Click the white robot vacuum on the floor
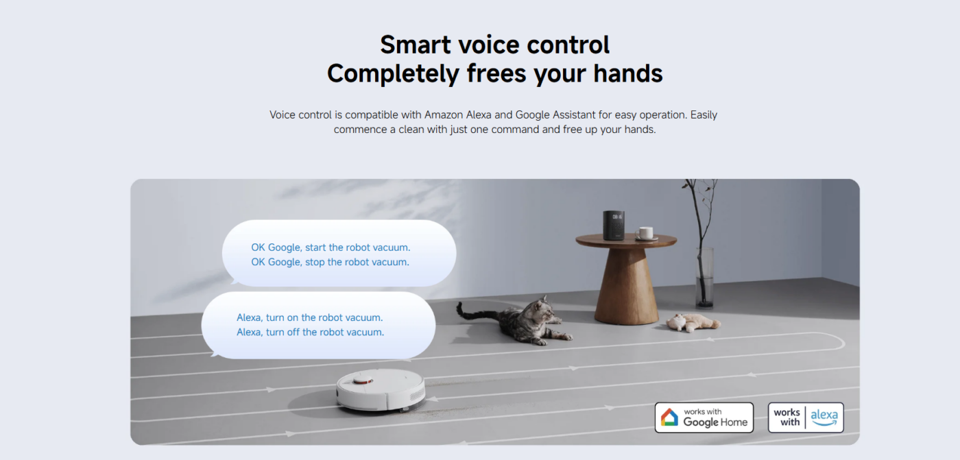[381, 390]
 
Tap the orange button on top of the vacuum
[363, 380]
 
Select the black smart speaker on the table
[614, 225]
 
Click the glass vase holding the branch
[704, 277]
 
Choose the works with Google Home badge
[704, 417]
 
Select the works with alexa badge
[806, 417]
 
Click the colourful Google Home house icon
[669, 417]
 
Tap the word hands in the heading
[628, 73]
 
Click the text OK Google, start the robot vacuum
[331, 247]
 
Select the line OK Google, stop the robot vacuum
[330, 262]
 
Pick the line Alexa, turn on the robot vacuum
[309, 318]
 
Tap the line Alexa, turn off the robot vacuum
[310, 332]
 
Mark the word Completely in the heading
[392, 74]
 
